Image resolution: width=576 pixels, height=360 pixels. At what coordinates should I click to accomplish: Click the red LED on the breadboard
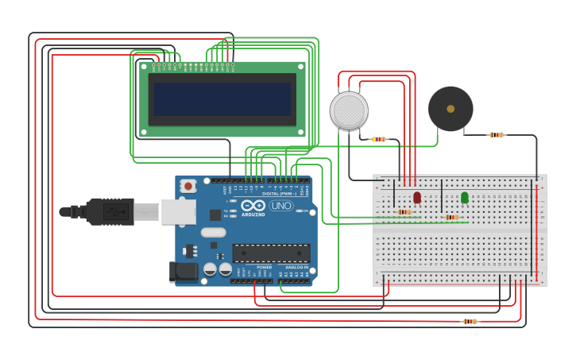417,196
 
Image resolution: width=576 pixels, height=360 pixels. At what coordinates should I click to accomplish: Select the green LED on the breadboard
465,196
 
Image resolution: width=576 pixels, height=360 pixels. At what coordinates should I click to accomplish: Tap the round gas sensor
349,110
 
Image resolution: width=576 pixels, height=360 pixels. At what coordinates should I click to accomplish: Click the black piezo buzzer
450,109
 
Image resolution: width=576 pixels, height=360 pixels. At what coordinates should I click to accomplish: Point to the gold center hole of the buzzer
450,109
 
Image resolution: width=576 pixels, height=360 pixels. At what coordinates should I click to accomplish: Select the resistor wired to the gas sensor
379,139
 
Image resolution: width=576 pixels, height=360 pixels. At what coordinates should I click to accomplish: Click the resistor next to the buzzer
497,135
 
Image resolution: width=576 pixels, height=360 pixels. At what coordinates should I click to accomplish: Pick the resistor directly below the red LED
404,212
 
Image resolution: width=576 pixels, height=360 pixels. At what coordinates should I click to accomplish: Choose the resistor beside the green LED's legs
452,217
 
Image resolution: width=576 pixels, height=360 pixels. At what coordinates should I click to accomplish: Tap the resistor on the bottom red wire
470,321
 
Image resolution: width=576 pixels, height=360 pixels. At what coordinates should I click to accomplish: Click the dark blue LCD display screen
222,99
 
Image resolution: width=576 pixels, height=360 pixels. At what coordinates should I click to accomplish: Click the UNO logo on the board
280,206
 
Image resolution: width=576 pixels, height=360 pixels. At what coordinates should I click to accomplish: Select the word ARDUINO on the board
253,215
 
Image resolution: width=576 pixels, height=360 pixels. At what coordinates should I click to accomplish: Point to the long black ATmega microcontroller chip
271,254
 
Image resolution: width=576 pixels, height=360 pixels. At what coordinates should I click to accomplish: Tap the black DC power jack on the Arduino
184,271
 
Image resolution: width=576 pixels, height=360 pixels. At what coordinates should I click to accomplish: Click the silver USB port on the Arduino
178,211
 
